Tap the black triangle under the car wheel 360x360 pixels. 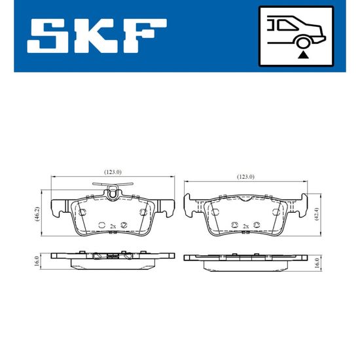pyautogui.click(x=303, y=54)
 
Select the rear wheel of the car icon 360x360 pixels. pyautogui.click(x=303, y=43)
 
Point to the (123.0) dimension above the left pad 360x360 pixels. pyautogui.click(x=113, y=171)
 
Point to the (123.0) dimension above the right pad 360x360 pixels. pyautogui.click(x=245, y=177)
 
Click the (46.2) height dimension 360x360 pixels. pyautogui.click(x=37, y=214)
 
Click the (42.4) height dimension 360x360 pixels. pyautogui.click(x=317, y=214)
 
